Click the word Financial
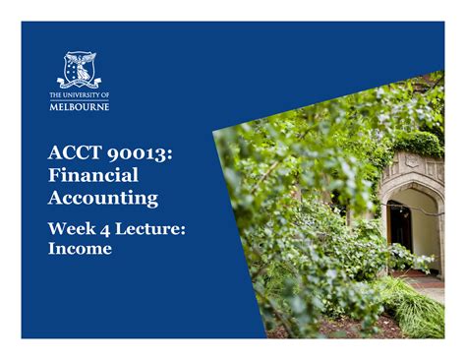[x=92, y=176]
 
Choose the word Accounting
[x=102, y=199]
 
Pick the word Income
[x=80, y=249]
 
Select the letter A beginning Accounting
[x=56, y=199]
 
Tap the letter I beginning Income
[x=52, y=249]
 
